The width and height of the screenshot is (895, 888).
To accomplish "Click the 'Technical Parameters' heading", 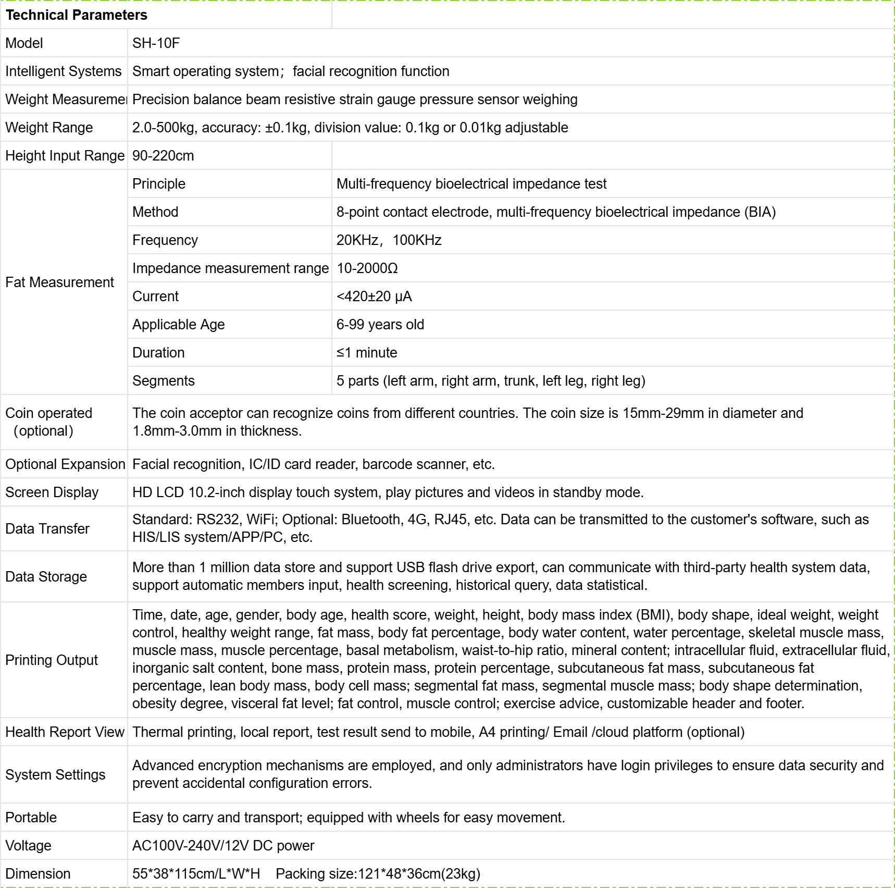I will click(77, 15).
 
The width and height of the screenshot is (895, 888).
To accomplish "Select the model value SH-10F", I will click(156, 43).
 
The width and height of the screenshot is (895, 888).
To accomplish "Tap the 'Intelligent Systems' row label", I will click(63, 71).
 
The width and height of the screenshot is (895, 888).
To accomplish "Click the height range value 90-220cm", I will click(163, 156).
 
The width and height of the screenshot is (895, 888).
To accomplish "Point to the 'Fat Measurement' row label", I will click(59, 282).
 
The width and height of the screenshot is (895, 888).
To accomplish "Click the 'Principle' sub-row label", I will click(159, 184).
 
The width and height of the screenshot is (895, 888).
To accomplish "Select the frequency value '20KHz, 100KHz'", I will click(389, 240).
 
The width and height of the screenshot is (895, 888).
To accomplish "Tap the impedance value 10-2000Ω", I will click(367, 268).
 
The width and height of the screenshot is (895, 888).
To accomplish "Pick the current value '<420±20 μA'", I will click(374, 297).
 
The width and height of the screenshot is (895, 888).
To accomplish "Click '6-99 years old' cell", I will click(380, 325).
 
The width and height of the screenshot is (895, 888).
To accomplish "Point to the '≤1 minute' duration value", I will click(367, 353).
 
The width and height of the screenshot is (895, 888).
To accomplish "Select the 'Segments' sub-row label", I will click(164, 381).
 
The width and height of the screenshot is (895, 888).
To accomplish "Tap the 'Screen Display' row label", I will click(52, 492).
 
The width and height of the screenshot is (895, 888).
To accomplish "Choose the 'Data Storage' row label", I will click(46, 577).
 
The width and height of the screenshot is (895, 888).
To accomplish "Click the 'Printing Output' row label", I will click(52, 660).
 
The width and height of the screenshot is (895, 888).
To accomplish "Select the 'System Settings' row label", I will click(55, 775).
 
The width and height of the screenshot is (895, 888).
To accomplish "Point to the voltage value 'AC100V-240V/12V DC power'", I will click(223, 846).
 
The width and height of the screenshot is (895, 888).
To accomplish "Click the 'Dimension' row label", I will click(38, 874).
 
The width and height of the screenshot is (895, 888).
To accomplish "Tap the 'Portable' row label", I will click(31, 818).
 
